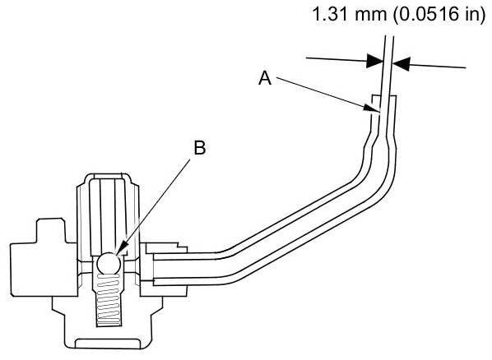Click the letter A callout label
pos(265,78)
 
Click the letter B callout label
pos(200,148)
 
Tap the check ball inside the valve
pos(109,263)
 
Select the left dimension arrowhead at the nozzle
pos(374,61)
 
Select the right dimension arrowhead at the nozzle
pos(401,63)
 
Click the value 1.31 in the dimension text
pos(331,14)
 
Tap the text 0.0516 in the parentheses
pos(427,14)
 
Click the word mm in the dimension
pos(370,16)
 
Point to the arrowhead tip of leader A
pos(378,111)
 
